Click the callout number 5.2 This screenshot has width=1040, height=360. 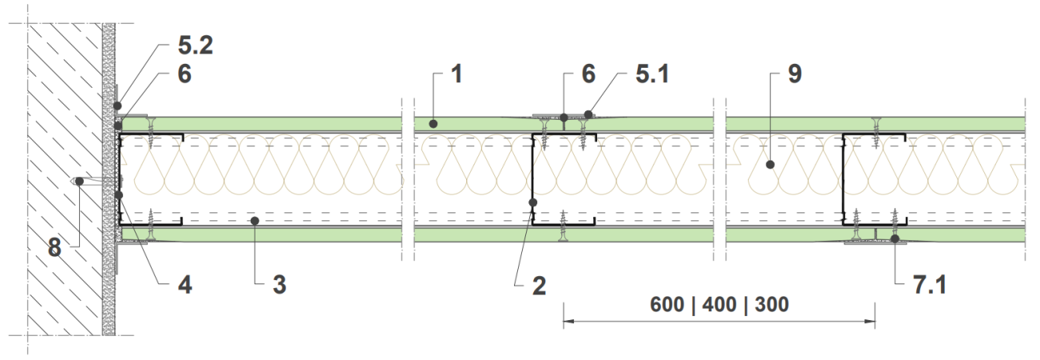tap(196, 45)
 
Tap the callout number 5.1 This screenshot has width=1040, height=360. tap(652, 74)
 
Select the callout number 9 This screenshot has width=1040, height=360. tap(795, 74)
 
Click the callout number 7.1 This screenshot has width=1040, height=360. tap(930, 285)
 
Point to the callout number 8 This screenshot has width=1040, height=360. tap(55, 247)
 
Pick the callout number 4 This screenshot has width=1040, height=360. tap(185, 284)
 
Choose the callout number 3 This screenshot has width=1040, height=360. tap(279, 284)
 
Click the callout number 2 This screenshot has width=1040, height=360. tap(539, 286)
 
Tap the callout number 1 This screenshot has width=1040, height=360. tap(457, 74)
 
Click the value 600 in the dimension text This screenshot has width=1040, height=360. tap(666, 305)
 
